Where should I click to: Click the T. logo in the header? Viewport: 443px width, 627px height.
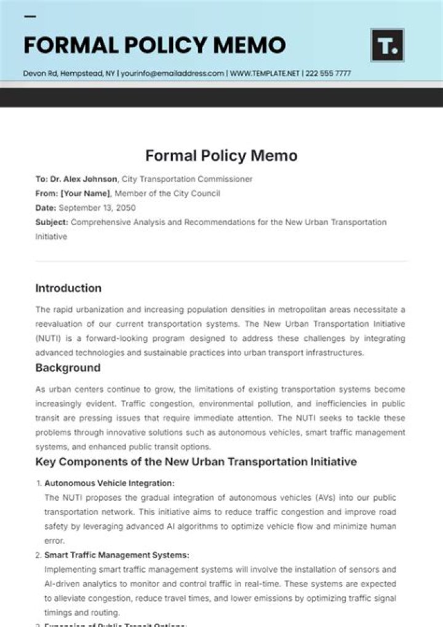pyautogui.click(x=387, y=45)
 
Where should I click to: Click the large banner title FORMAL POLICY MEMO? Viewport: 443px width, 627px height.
pyautogui.click(x=154, y=45)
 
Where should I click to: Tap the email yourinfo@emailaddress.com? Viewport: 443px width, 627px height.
pyautogui.click(x=172, y=73)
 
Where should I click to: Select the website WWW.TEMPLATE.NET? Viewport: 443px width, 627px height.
pyautogui.click(x=265, y=73)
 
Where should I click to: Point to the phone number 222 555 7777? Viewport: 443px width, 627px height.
pyautogui.click(x=329, y=73)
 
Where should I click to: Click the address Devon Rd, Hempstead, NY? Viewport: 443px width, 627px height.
pyautogui.click(x=69, y=73)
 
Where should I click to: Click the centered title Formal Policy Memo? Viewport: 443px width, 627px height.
pyautogui.click(x=221, y=156)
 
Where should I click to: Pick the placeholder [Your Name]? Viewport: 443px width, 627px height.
pyautogui.click(x=85, y=193)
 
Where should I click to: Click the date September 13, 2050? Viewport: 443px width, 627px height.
pyautogui.click(x=97, y=208)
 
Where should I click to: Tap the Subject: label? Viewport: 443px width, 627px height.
pyautogui.click(x=52, y=222)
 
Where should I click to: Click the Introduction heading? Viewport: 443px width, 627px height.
pyautogui.click(x=68, y=288)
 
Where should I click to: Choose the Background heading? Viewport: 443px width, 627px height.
pyautogui.click(x=68, y=368)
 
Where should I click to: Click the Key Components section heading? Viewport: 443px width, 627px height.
pyautogui.click(x=196, y=461)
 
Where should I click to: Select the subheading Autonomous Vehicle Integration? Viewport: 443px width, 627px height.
pyautogui.click(x=109, y=484)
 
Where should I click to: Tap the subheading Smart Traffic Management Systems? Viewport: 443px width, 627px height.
pyautogui.click(x=116, y=555)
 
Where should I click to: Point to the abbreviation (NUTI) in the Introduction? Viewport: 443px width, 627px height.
pyautogui.click(x=49, y=338)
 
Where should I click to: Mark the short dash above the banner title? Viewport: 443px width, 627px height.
pyautogui.click(x=30, y=17)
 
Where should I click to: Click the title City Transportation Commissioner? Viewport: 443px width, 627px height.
pyautogui.click(x=187, y=179)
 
